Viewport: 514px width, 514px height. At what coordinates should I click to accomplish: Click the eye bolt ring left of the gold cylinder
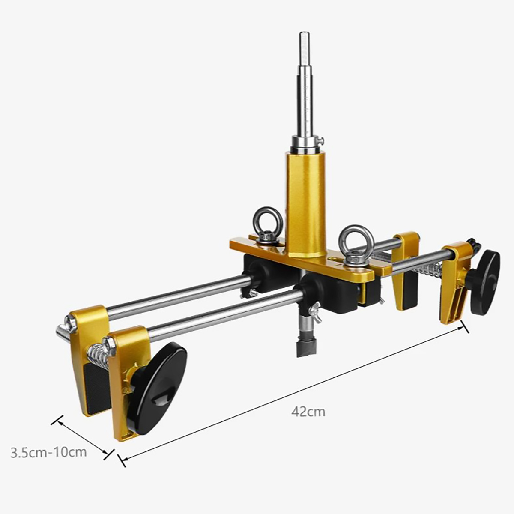267,218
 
